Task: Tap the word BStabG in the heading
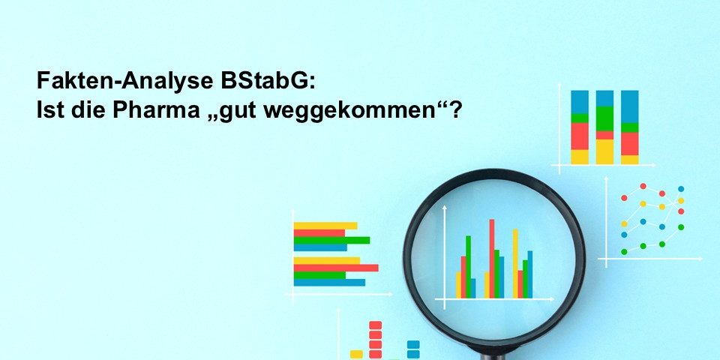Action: pyautogui.click(x=265, y=81)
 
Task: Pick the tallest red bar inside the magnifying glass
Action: pyautogui.click(x=492, y=259)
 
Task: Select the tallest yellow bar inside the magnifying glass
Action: pyautogui.click(x=515, y=263)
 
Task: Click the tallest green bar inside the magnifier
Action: pyautogui.click(x=468, y=267)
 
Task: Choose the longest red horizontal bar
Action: pyautogui.click(x=336, y=268)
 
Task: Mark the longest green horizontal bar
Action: pyautogui.click(x=331, y=240)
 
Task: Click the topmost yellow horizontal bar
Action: pyautogui.click(x=325, y=226)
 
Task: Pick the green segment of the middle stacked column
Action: pyautogui.click(x=604, y=118)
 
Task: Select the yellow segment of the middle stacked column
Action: pyautogui.click(x=604, y=151)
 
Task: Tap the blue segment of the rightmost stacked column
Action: pyautogui.click(x=629, y=106)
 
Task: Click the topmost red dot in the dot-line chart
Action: pyautogui.click(x=643, y=186)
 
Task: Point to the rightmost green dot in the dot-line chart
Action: pyautogui.click(x=681, y=226)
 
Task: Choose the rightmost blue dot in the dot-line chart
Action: pyautogui.click(x=681, y=189)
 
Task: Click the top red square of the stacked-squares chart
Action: pyautogui.click(x=375, y=325)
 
